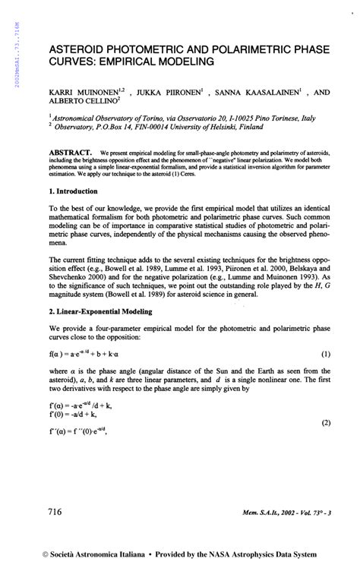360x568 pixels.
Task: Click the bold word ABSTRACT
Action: [71, 152]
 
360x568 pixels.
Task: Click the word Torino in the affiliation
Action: [141, 120]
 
